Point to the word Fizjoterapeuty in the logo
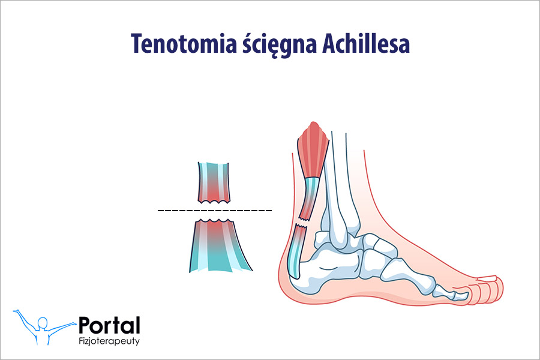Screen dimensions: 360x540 pyautogui.click(x=110, y=343)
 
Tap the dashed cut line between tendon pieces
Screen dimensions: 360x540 pyautogui.click(x=214, y=211)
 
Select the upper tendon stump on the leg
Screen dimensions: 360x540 pyautogui.click(x=310, y=195)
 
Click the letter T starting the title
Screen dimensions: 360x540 pyautogui.click(x=136, y=45)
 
